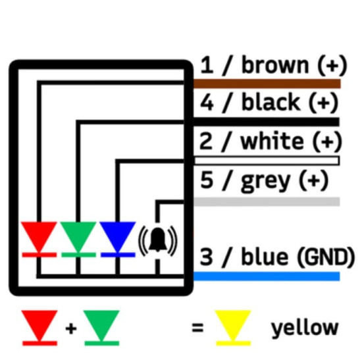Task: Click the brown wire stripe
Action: point(267,84)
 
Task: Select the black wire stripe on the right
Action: point(267,122)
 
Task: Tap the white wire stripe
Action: point(267,161)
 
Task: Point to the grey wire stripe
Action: point(267,201)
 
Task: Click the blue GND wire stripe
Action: point(267,276)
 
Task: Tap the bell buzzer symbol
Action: point(157,241)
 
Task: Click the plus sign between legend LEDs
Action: point(70,327)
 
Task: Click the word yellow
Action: point(305,327)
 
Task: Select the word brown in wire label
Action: point(274,66)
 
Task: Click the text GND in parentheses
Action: point(324,256)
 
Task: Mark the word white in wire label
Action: point(272,141)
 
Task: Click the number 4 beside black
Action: point(207,103)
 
